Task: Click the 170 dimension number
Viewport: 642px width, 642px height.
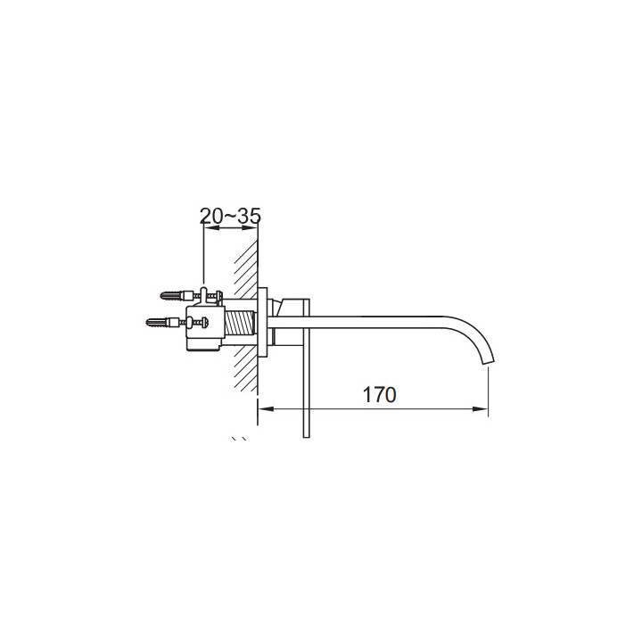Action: [x=379, y=395]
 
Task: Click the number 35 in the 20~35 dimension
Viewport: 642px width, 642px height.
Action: [x=249, y=216]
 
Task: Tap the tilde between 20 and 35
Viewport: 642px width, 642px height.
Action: [x=231, y=216]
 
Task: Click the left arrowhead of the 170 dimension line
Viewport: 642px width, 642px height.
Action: [x=266, y=408]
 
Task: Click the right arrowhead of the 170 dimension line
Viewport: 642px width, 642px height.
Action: [x=481, y=408]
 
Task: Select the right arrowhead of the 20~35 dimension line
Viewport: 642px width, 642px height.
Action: [x=251, y=227]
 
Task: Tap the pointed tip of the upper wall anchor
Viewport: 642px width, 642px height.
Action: [x=161, y=295]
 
